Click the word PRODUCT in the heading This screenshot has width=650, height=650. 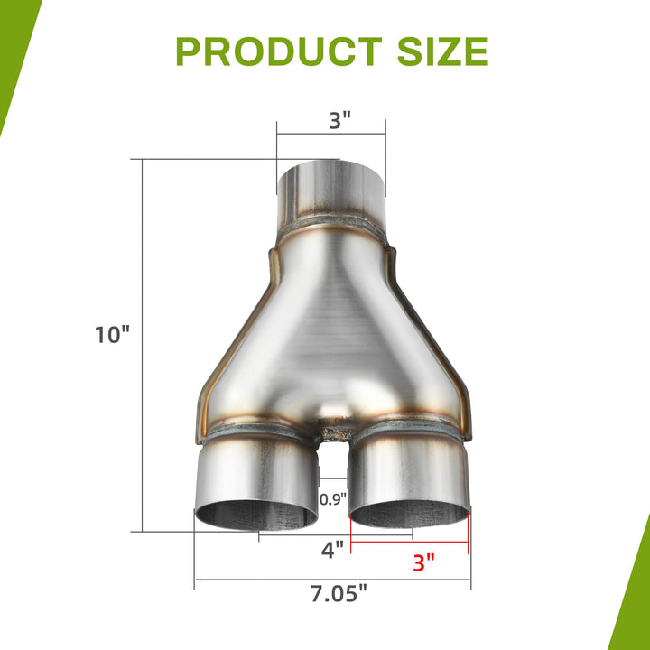click(x=279, y=51)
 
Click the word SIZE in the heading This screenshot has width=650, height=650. click(x=442, y=51)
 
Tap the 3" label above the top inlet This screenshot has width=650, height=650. click(x=340, y=121)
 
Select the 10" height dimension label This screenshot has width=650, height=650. click(x=112, y=335)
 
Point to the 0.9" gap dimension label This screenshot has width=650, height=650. click(x=333, y=499)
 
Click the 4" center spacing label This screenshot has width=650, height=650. click(x=333, y=550)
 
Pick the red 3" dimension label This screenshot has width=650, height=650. click(x=423, y=563)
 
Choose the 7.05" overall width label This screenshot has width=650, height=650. click(x=339, y=594)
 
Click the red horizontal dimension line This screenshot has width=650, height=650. click(x=409, y=542)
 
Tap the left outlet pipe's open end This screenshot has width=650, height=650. click(x=256, y=515)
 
